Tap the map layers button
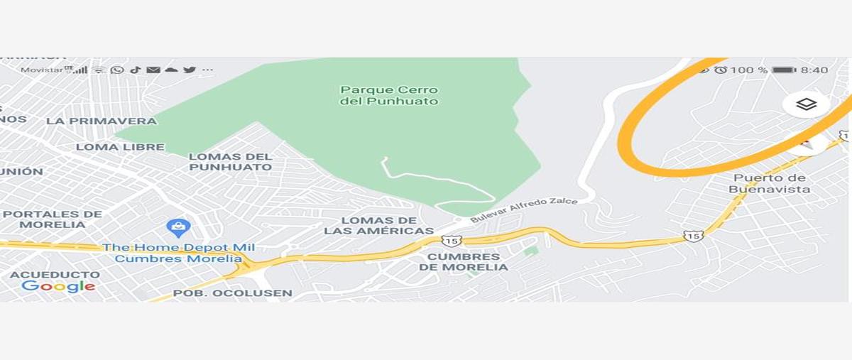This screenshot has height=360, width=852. pos(806,104)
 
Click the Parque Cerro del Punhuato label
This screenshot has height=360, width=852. pos(389,96)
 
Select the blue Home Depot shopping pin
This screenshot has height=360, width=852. pos(178,228)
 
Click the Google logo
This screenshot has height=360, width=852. pos(58,286)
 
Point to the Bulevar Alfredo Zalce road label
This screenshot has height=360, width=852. pos(524,211)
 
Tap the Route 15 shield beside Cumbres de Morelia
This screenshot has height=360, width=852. pos(451,241)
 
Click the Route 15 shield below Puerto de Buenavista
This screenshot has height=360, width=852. pos(693,235)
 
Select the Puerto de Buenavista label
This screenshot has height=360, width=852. pos(769,183)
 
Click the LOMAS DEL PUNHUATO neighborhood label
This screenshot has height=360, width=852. pos(231,162)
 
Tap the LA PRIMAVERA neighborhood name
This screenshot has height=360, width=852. pos(102,121)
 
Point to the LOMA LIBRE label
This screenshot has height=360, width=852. pos(120,147)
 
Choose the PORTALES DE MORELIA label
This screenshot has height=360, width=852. pos(53,219)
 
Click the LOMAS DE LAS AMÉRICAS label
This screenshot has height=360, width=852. pos(378,226)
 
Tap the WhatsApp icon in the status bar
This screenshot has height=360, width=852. pos(117,70)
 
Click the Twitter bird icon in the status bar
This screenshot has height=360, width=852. pos(190,70)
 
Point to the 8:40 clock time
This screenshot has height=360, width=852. pos(814,70)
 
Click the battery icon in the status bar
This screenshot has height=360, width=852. pos(784,70)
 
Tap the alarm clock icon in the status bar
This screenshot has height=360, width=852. pos(721,70)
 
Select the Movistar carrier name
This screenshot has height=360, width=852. pos(42,70)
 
